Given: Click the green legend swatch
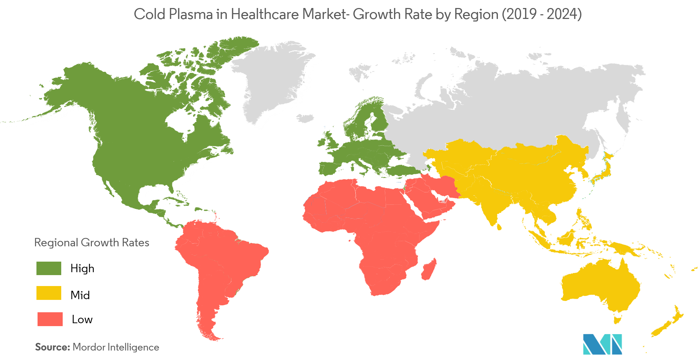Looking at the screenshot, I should [49, 268].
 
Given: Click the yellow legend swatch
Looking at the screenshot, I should [49, 293].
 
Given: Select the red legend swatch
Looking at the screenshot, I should [50, 319].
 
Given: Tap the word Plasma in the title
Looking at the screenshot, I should [191, 14].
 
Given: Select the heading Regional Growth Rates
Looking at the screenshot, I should [92, 243].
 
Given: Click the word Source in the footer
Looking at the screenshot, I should [52, 347].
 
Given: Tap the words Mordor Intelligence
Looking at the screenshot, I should [116, 347].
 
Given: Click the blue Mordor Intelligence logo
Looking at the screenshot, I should [602, 344].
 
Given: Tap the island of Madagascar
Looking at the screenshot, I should [429, 270].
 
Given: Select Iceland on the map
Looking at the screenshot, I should [305, 118].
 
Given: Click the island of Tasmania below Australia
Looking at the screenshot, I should [617, 320].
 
